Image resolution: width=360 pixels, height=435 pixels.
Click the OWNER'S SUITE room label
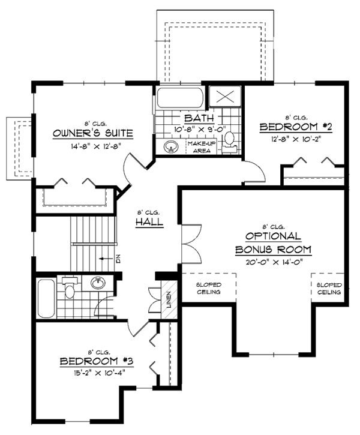pyautogui.click(x=92, y=133)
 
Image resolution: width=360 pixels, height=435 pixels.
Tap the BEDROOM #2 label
pyautogui.click(x=296, y=127)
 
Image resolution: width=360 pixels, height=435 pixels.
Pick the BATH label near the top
pyautogui.click(x=196, y=118)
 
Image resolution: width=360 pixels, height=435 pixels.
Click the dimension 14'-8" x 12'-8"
pyautogui.click(x=92, y=145)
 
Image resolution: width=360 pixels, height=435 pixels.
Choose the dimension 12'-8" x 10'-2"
pyautogui.click(x=296, y=139)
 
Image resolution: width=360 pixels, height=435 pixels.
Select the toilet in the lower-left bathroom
pyautogui.click(x=70, y=289)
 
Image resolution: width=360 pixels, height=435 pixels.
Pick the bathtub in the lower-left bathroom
pyautogui.click(x=46, y=298)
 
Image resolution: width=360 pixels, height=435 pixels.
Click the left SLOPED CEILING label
pyautogui.click(x=208, y=289)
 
